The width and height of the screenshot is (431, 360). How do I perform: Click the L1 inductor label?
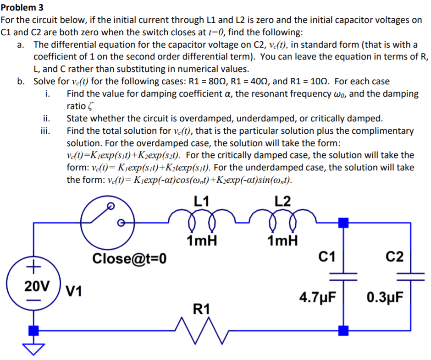(x=203, y=201)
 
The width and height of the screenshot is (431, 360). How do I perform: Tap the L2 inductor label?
(x=282, y=201)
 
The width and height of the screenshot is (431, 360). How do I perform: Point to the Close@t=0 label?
(x=129, y=259)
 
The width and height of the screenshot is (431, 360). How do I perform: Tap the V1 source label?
(x=75, y=290)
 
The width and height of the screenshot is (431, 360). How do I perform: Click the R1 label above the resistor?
(x=202, y=310)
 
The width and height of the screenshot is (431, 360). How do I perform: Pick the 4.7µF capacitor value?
(x=318, y=297)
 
